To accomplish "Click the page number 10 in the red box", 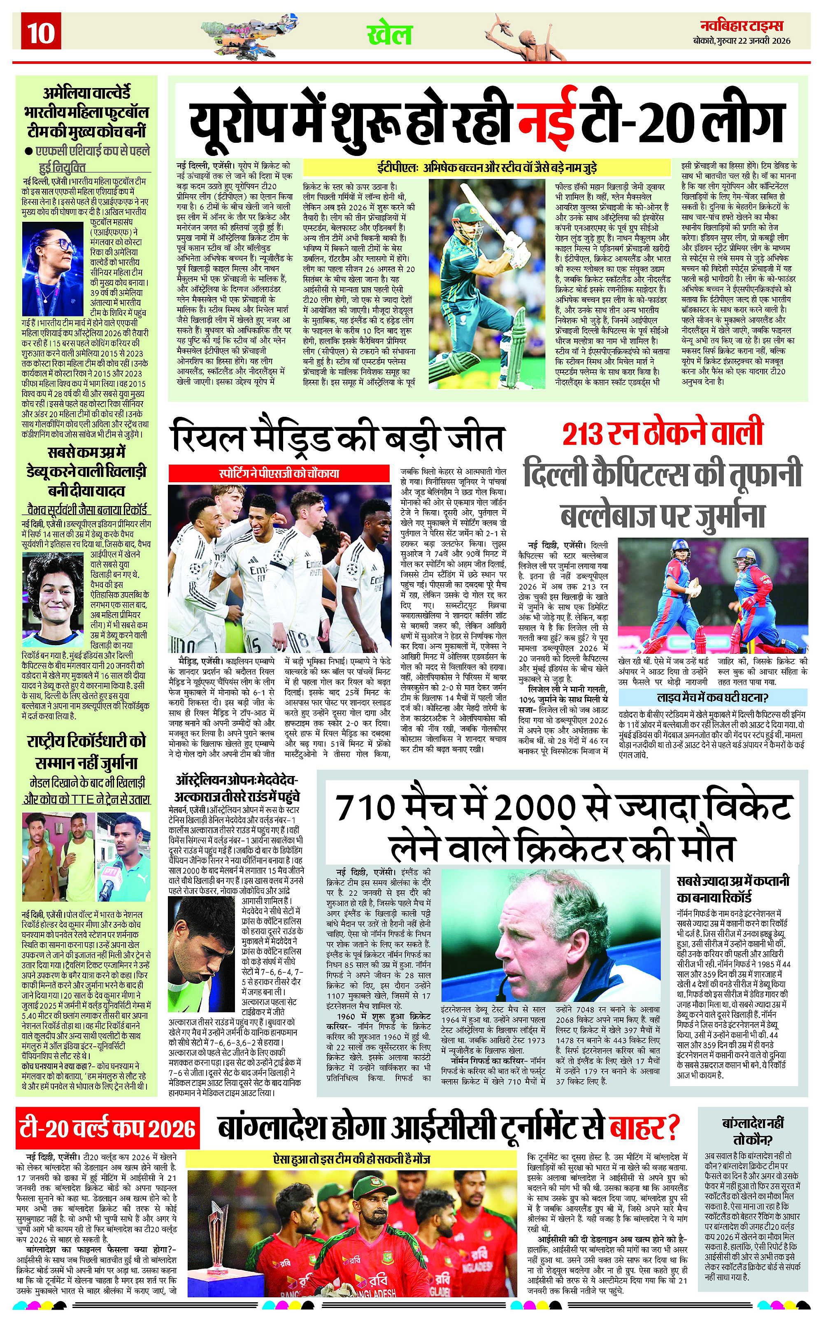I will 41,33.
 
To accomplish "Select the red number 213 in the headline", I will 583,434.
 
